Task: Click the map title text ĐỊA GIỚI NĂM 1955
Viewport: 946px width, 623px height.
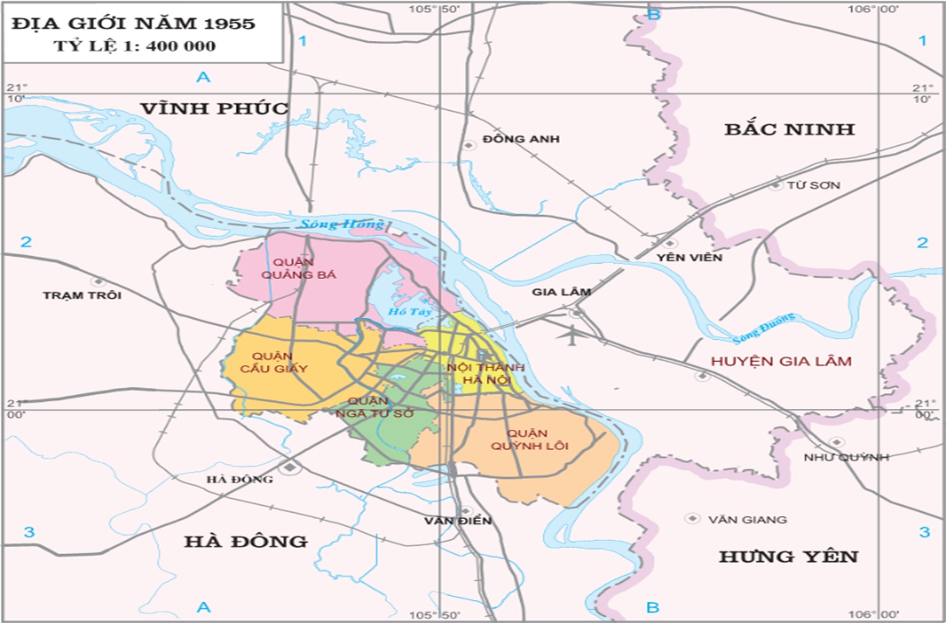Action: click(x=133, y=24)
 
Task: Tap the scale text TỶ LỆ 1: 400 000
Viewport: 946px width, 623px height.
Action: click(x=135, y=47)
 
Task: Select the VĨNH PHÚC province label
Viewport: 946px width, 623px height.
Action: click(x=214, y=108)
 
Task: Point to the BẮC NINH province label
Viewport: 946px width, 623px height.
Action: click(x=789, y=129)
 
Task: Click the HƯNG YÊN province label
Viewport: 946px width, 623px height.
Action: click(x=789, y=557)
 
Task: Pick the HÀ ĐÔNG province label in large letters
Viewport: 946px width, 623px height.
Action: click(x=246, y=541)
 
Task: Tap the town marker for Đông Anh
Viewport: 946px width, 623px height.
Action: click(x=469, y=145)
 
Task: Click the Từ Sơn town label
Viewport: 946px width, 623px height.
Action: click(x=813, y=185)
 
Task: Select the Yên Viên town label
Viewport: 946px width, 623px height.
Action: click(x=689, y=257)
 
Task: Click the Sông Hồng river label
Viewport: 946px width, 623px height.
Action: click(x=342, y=224)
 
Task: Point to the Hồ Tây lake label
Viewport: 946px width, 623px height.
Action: click(x=409, y=311)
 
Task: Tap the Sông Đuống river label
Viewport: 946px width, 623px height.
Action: click(x=763, y=327)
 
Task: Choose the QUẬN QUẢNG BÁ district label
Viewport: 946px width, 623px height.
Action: click(x=296, y=268)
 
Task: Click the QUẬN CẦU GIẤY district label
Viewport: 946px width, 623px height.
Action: click(x=273, y=362)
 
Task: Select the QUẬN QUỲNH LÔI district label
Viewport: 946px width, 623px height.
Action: click(x=529, y=440)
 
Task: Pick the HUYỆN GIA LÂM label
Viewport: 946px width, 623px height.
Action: click(x=781, y=361)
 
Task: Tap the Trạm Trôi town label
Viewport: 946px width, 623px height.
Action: click(x=82, y=296)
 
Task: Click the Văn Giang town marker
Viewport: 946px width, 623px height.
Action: click(x=692, y=519)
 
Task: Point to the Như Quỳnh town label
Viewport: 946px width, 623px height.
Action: click(x=846, y=457)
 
